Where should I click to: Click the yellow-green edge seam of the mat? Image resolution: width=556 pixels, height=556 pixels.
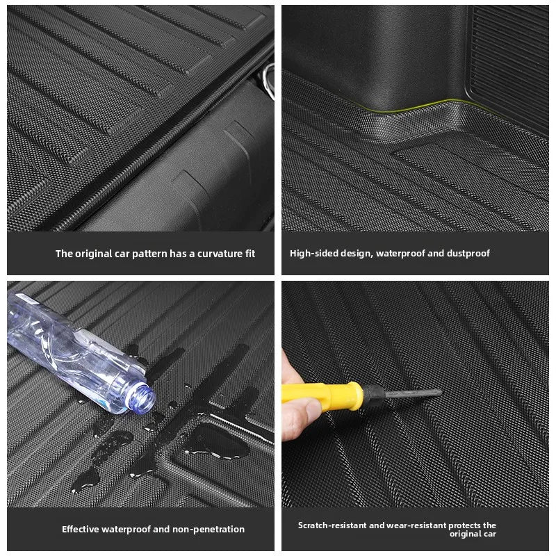417,106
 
